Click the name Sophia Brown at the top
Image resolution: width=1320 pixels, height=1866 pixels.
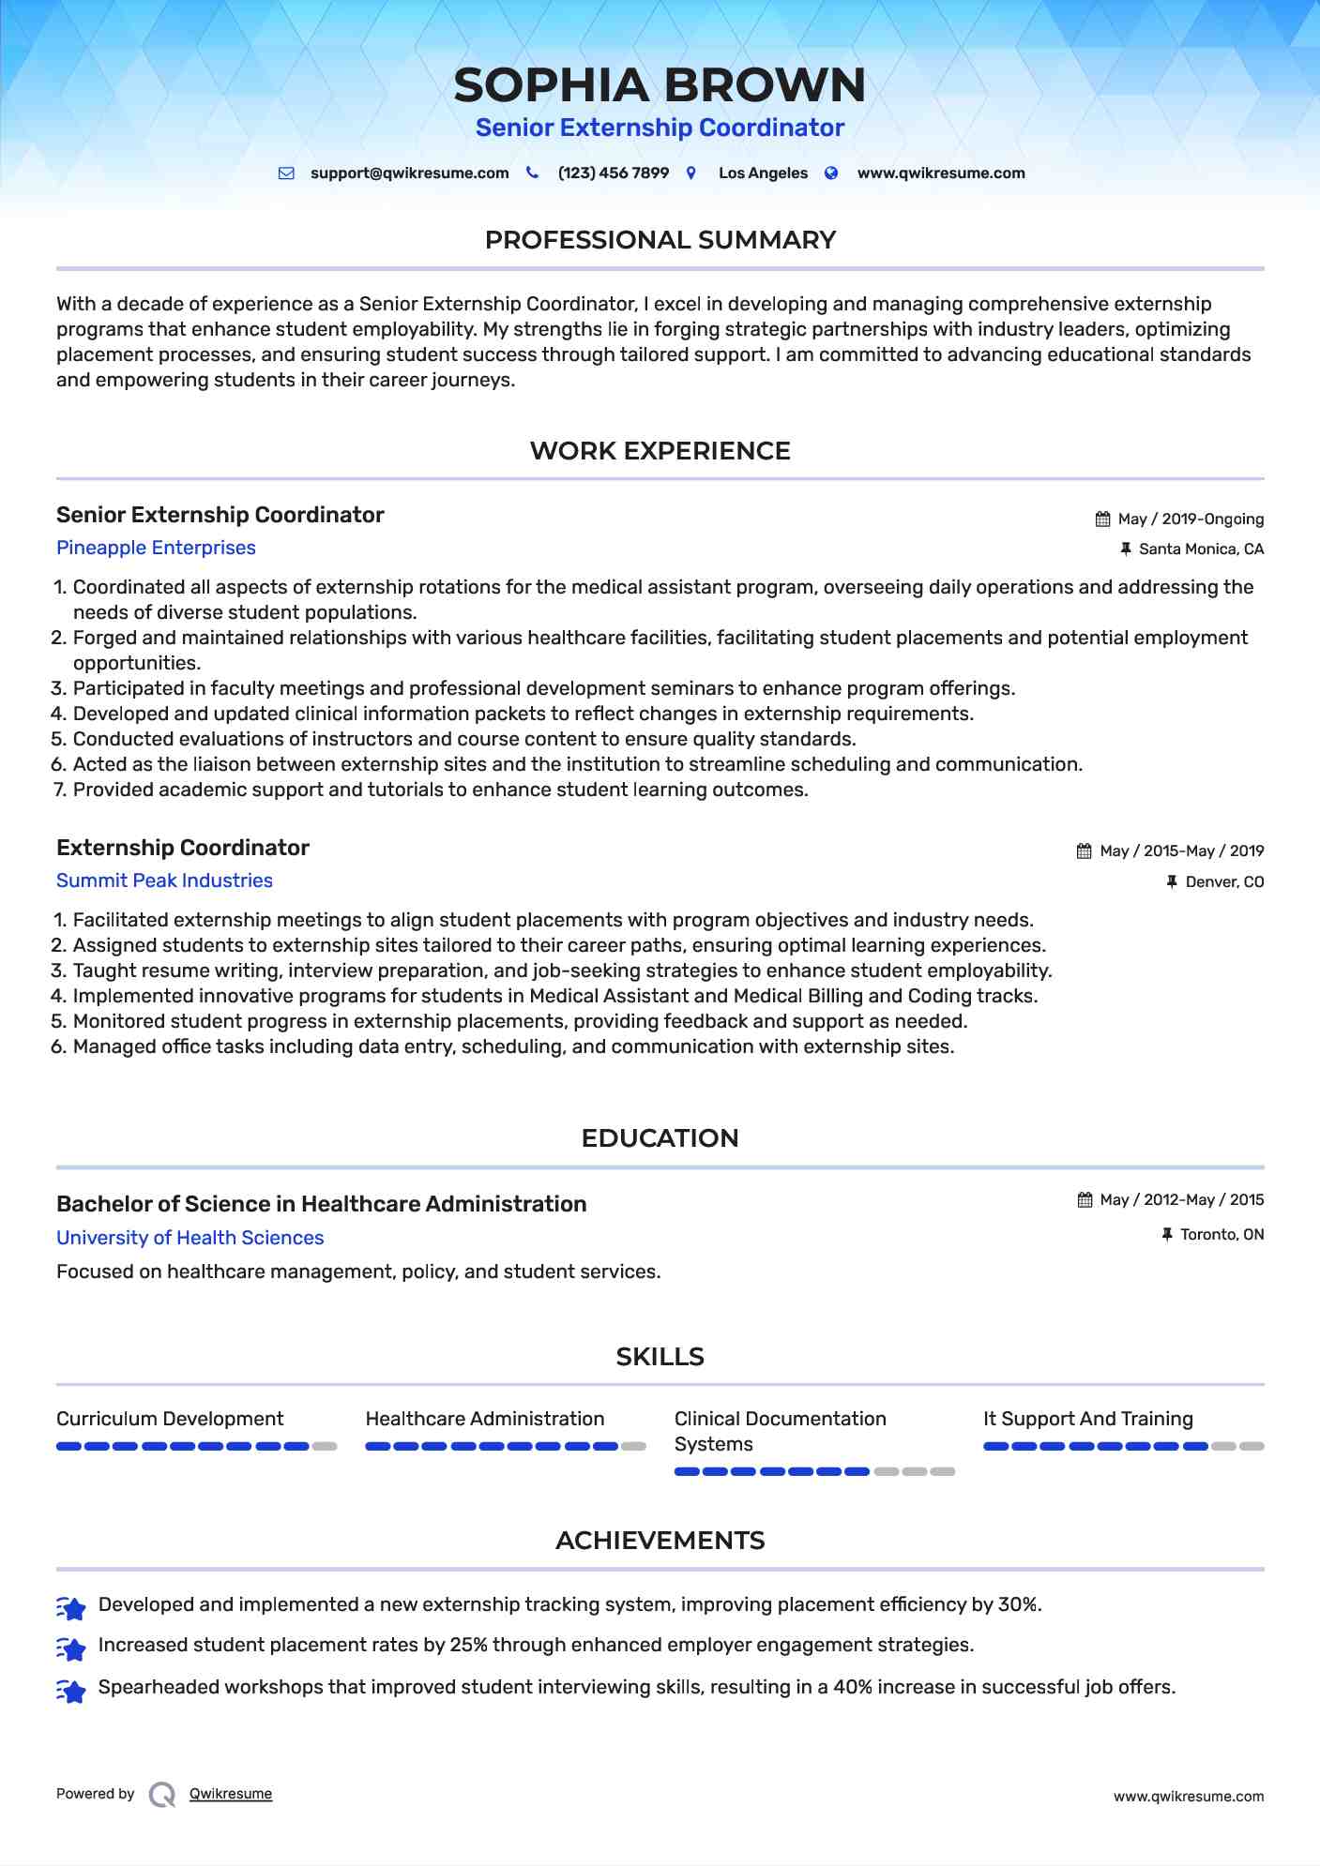pyautogui.click(x=660, y=85)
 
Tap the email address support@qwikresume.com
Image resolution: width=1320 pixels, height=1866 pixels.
pyautogui.click(x=409, y=173)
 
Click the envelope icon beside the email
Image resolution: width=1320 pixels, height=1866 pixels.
pyautogui.click(x=286, y=173)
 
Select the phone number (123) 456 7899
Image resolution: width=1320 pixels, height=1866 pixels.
pyautogui.click(x=613, y=173)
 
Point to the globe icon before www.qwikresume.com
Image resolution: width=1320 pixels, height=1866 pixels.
pyautogui.click(x=831, y=173)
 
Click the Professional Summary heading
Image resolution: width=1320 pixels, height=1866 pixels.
pyautogui.click(x=660, y=240)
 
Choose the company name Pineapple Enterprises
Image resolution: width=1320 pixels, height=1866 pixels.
pyautogui.click(x=156, y=548)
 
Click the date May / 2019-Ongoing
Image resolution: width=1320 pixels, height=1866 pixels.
pyautogui.click(x=1191, y=519)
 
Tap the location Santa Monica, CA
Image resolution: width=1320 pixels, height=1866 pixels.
pyautogui.click(x=1201, y=549)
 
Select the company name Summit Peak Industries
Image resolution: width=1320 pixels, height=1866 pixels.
pyautogui.click(x=164, y=880)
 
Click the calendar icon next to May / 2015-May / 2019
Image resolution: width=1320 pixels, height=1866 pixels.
pyautogui.click(x=1085, y=851)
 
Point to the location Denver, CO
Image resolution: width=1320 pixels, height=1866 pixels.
pyautogui.click(x=1224, y=882)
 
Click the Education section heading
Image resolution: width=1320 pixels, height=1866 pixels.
pyautogui.click(x=660, y=1138)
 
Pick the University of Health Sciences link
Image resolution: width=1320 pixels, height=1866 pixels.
pyautogui.click(x=190, y=1238)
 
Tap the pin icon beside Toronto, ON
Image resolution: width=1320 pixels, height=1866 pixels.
pyautogui.click(x=1167, y=1235)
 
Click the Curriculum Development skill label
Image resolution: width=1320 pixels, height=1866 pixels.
pyautogui.click(x=170, y=1419)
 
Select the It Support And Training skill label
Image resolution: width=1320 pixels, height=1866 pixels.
pyautogui.click(x=1088, y=1419)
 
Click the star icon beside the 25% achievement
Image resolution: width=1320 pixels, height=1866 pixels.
pyautogui.click(x=71, y=1648)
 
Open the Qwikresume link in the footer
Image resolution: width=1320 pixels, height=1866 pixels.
pyautogui.click(x=231, y=1794)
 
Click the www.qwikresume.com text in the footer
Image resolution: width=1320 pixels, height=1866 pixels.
pyautogui.click(x=1189, y=1797)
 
